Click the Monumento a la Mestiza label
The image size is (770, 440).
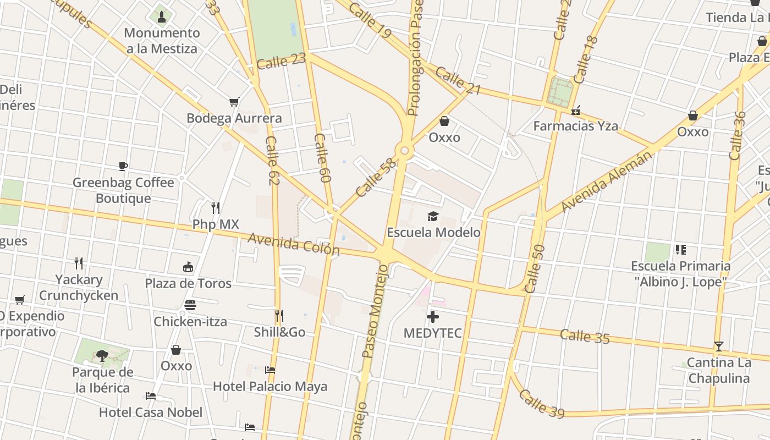click(x=162, y=41)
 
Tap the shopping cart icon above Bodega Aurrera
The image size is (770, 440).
click(x=234, y=102)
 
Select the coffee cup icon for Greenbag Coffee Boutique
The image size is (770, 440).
click(x=123, y=166)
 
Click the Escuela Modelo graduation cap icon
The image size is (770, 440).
click(x=433, y=216)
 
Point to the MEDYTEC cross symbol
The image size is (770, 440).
click(x=433, y=317)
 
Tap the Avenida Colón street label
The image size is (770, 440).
click(x=294, y=244)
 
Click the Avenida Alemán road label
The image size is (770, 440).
click(x=607, y=180)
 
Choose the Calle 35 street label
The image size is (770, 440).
click(x=585, y=336)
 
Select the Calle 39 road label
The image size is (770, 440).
click(x=542, y=403)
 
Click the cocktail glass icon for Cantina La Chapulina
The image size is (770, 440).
click(x=718, y=346)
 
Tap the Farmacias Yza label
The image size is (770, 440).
click(x=576, y=126)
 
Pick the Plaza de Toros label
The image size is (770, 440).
click(x=188, y=283)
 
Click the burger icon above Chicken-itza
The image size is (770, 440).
click(x=190, y=305)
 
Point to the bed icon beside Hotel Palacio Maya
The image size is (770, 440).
click(x=270, y=370)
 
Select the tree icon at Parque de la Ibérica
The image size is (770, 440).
click(x=102, y=356)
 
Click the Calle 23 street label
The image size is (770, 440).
click(x=281, y=61)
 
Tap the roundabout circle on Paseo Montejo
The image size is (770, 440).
click(x=405, y=150)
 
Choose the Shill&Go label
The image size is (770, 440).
click(x=279, y=332)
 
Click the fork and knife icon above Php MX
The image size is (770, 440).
click(x=216, y=208)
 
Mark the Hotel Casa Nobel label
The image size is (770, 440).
click(x=151, y=412)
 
